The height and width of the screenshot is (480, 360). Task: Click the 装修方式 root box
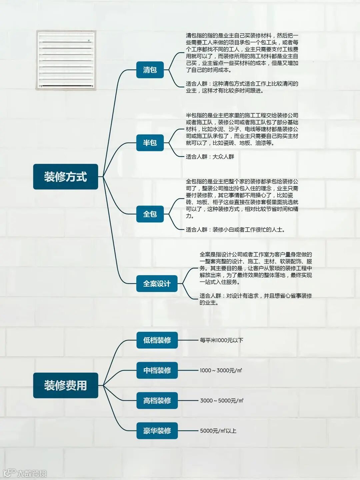coord(65,177)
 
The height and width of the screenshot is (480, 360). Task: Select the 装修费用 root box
coord(65,385)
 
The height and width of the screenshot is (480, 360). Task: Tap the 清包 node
coord(150,70)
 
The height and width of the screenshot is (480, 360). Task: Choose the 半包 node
coord(150,143)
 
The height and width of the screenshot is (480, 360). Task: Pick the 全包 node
coord(150,214)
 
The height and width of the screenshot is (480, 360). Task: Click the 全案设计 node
coord(157,284)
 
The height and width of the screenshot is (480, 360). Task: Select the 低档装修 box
coord(157,340)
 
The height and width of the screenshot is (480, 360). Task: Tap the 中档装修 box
coord(157,370)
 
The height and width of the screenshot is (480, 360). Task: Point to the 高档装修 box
coord(157,401)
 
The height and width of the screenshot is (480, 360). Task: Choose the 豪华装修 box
coord(157,431)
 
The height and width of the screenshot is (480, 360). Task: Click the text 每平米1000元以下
coord(221,340)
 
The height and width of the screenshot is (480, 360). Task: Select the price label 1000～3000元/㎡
coord(221,370)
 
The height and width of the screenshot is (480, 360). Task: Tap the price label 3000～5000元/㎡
coord(221,401)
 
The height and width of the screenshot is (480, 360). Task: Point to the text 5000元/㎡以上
coord(218,431)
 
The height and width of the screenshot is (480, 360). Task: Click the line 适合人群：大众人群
coord(210,157)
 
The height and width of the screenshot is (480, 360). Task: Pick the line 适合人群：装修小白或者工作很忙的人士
coord(235,230)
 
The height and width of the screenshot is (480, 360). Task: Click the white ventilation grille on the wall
coord(66,60)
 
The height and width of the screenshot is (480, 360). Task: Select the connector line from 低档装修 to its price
coord(188,340)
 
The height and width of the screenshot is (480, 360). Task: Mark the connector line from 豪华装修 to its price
coord(188,431)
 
